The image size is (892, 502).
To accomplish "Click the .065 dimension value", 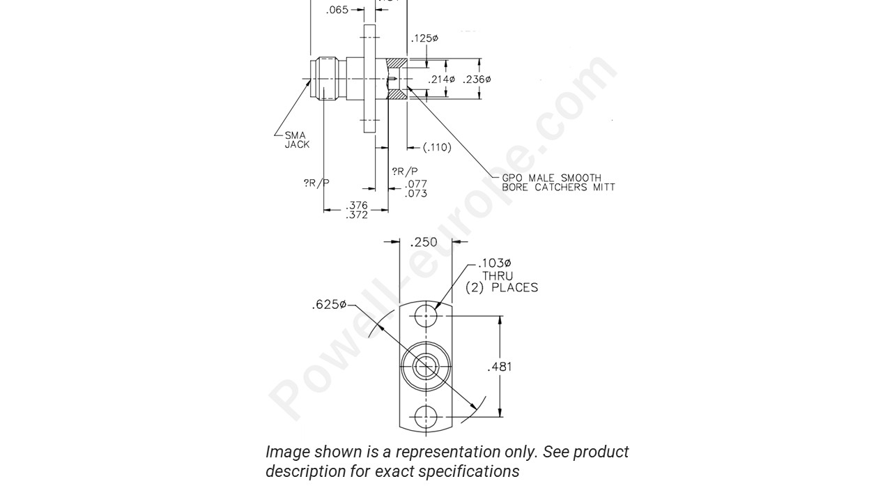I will click(x=337, y=10).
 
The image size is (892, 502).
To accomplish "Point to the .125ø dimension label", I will click(x=424, y=38).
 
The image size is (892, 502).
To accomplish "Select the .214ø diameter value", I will click(x=441, y=79).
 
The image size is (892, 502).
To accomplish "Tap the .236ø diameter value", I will click(x=477, y=79).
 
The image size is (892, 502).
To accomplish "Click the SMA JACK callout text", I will click(x=296, y=139).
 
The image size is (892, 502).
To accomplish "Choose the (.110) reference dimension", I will click(x=437, y=147).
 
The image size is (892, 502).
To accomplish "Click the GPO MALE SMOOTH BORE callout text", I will click(x=558, y=183).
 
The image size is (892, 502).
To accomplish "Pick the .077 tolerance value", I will click(x=416, y=184).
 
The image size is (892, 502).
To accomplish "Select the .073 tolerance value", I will click(x=416, y=194).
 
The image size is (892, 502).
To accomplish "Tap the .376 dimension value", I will click(x=357, y=206).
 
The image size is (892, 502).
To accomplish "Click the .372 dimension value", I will click(x=357, y=215).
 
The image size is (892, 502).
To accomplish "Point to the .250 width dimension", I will click(x=424, y=242).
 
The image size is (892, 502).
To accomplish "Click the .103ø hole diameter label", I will click(x=494, y=264).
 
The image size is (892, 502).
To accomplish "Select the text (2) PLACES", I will click(x=502, y=287).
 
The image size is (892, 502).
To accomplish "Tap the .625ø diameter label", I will click(x=329, y=305).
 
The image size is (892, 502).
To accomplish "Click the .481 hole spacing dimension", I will click(x=499, y=367).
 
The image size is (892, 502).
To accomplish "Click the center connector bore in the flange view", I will click(x=425, y=366).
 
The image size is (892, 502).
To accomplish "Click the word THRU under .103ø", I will click(x=498, y=275).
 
